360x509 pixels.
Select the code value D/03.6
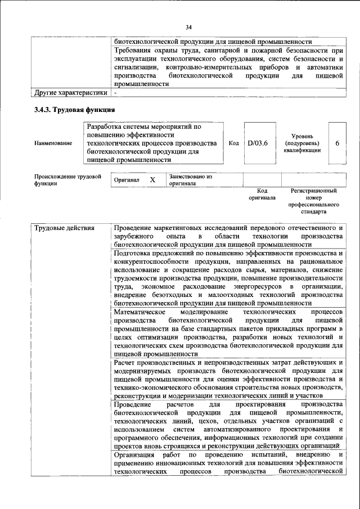(258, 143)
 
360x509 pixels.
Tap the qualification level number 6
(337, 143)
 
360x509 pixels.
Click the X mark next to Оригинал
(152, 180)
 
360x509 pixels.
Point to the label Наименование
(53, 143)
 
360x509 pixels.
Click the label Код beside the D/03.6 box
(234, 143)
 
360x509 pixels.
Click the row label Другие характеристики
(70, 92)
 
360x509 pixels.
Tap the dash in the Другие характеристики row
(115, 92)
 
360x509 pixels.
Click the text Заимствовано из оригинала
(190, 180)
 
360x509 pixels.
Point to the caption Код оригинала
(262, 195)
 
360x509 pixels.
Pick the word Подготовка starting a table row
(134, 253)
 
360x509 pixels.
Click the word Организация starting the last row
(134, 454)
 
